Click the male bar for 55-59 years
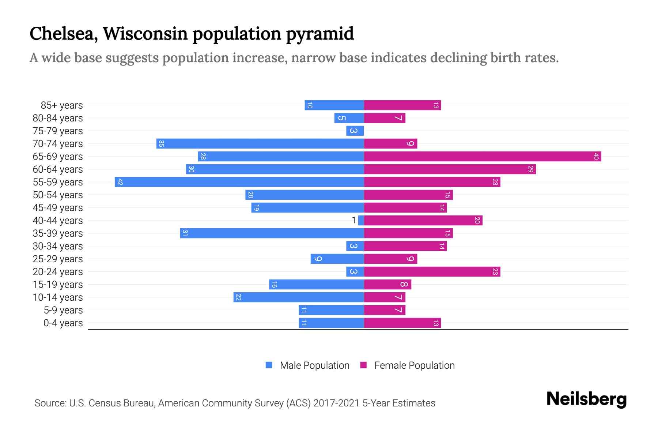click(x=239, y=182)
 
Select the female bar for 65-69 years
click(x=483, y=156)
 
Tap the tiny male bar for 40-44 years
click(x=361, y=220)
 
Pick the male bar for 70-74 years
click(x=260, y=143)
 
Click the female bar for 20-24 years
click(x=432, y=271)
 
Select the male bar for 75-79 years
click(x=355, y=131)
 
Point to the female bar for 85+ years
click(x=402, y=105)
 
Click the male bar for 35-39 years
click(x=272, y=233)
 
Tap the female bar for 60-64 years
click(x=450, y=169)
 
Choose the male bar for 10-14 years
click(x=299, y=297)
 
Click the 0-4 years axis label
click(x=63, y=323)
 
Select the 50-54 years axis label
click(x=58, y=195)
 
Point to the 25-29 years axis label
click(x=58, y=259)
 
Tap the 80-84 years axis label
click(x=58, y=118)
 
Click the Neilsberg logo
click(x=586, y=399)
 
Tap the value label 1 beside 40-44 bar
click(x=353, y=220)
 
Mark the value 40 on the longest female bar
click(x=596, y=156)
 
